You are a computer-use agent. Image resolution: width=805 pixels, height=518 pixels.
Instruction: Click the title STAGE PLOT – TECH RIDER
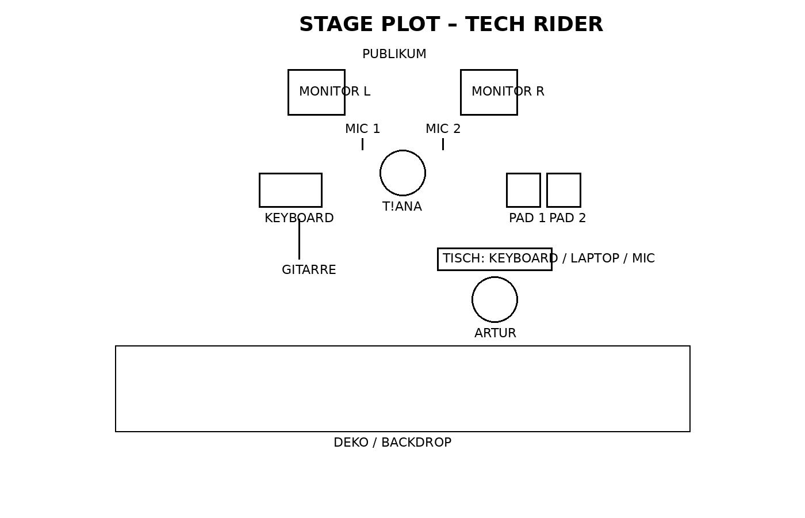(451, 24)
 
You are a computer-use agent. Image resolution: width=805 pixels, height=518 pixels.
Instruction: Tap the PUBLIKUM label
(394, 54)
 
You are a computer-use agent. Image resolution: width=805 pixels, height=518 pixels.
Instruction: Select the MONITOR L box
(316, 92)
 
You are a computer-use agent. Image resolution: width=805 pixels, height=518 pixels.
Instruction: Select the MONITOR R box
(489, 92)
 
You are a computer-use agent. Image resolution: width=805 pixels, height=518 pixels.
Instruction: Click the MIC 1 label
(362, 129)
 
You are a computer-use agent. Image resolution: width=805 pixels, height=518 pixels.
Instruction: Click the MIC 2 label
(443, 129)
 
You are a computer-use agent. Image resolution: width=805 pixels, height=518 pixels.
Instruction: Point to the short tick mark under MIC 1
(362, 144)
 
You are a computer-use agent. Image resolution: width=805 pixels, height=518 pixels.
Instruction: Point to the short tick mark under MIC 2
(443, 144)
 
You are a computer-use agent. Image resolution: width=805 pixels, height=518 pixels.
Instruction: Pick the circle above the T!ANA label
(402, 173)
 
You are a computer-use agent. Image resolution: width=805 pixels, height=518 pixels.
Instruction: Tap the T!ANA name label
(402, 207)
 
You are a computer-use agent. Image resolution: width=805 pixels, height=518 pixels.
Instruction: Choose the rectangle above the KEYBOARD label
(290, 190)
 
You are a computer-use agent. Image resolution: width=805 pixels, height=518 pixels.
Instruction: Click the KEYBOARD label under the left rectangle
(299, 218)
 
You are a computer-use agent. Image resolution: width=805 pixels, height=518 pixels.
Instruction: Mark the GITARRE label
(309, 270)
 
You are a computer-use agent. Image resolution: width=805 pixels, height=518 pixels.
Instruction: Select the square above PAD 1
(523, 190)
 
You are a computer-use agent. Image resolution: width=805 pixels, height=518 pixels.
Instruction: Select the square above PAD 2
(563, 190)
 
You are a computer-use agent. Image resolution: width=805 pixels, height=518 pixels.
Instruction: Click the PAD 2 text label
(568, 218)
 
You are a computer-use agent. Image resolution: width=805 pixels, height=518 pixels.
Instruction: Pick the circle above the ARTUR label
(494, 299)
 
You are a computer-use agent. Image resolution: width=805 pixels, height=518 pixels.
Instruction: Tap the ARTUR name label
(495, 333)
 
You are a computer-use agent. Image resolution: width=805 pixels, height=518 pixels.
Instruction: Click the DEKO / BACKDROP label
(392, 443)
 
